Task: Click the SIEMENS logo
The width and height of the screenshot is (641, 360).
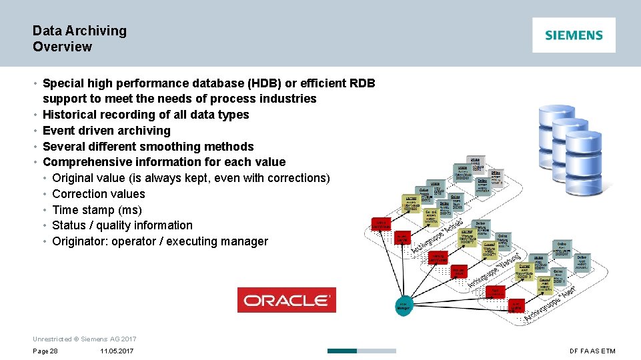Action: point(574,35)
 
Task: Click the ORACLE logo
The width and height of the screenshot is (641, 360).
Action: point(287,300)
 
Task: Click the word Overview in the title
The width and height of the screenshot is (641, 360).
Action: point(62,47)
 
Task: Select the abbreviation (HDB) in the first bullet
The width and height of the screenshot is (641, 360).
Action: point(264,83)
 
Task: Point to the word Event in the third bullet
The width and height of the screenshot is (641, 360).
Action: point(58,131)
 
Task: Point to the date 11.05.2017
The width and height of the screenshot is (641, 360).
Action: point(117,351)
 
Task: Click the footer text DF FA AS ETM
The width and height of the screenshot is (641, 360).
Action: point(592,351)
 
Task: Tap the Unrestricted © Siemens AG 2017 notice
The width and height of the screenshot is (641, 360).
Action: point(84,339)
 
